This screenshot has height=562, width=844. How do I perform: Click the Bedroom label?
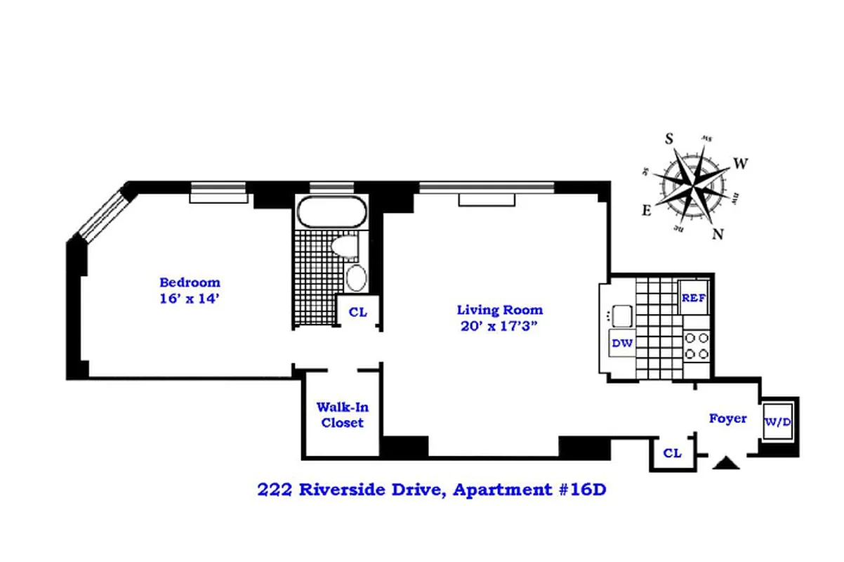(190, 282)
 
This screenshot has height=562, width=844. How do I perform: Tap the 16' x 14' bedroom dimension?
(190, 298)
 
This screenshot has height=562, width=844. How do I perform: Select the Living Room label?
(499, 309)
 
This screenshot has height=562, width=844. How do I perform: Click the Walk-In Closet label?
(343, 414)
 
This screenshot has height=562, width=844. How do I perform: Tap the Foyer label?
(727, 419)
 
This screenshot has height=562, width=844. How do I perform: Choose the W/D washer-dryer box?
(779, 422)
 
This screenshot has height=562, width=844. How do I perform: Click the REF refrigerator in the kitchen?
(694, 297)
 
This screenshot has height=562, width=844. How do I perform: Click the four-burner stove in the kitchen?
(697, 346)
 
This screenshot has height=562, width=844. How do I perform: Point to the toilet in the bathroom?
(345, 247)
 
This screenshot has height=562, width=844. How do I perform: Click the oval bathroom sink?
(357, 278)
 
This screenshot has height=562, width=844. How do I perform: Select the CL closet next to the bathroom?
(358, 313)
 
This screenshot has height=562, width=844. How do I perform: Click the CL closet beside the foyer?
(672, 454)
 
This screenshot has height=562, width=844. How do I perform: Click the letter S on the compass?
(670, 139)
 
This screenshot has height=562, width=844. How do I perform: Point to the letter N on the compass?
(718, 235)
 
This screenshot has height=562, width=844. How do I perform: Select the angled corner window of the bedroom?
(100, 212)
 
